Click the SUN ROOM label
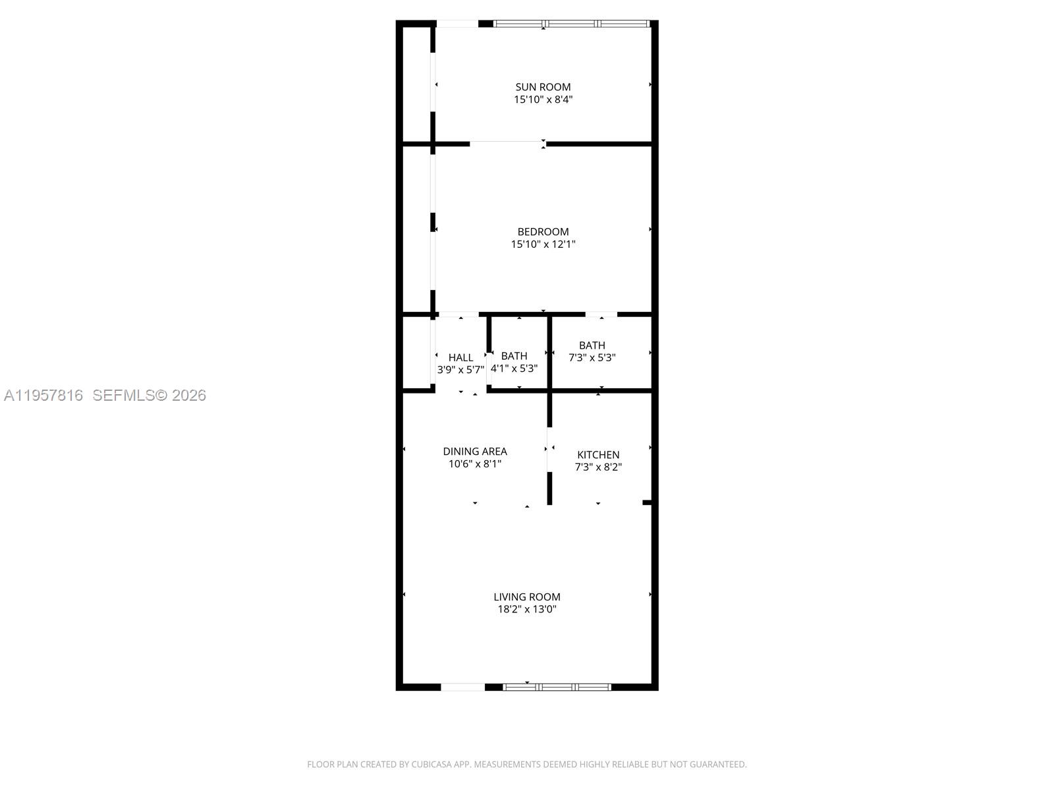pos(543,87)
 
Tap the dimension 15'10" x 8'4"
pos(543,100)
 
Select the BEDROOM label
pos(543,231)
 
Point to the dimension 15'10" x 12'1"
pos(543,244)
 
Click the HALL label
pos(460,357)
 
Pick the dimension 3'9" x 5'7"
pos(460,370)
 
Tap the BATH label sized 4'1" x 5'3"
pos(514,356)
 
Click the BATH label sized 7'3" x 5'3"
pos(592,345)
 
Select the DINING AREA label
pos(474,452)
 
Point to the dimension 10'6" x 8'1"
pos(474,464)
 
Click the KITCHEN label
pos(598,455)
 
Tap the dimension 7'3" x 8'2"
pos(598,467)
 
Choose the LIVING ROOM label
pos(527,597)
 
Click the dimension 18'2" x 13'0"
pos(527,610)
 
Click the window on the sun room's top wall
pos(572,24)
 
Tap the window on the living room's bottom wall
pos(557,687)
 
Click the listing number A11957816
pos(43,395)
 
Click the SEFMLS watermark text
pos(123,395)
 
